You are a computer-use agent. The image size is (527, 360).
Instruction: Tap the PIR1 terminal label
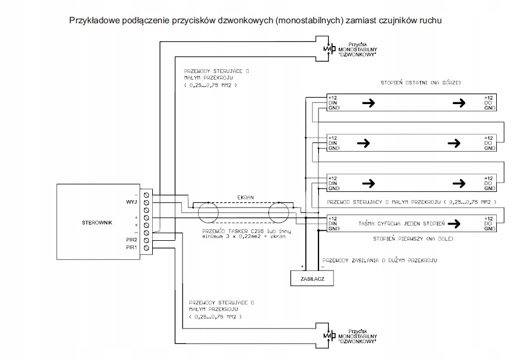(x=132, y=248)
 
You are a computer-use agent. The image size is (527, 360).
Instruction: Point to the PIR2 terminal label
(x=132, y=240)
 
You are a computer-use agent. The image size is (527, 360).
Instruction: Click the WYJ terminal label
(x=131, y=202)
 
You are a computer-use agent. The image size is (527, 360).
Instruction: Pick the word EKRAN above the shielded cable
(x=246, y=197)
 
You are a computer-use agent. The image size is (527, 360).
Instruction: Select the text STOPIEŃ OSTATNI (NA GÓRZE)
(x=421, y=83)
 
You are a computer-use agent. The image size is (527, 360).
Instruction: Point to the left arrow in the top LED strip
(x=367, y=103)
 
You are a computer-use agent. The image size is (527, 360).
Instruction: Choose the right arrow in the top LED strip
(x=458, y=103)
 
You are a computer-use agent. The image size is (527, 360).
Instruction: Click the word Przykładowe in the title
(x=95, y=20)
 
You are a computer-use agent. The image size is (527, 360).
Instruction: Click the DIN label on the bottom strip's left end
(x=332, y=223)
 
